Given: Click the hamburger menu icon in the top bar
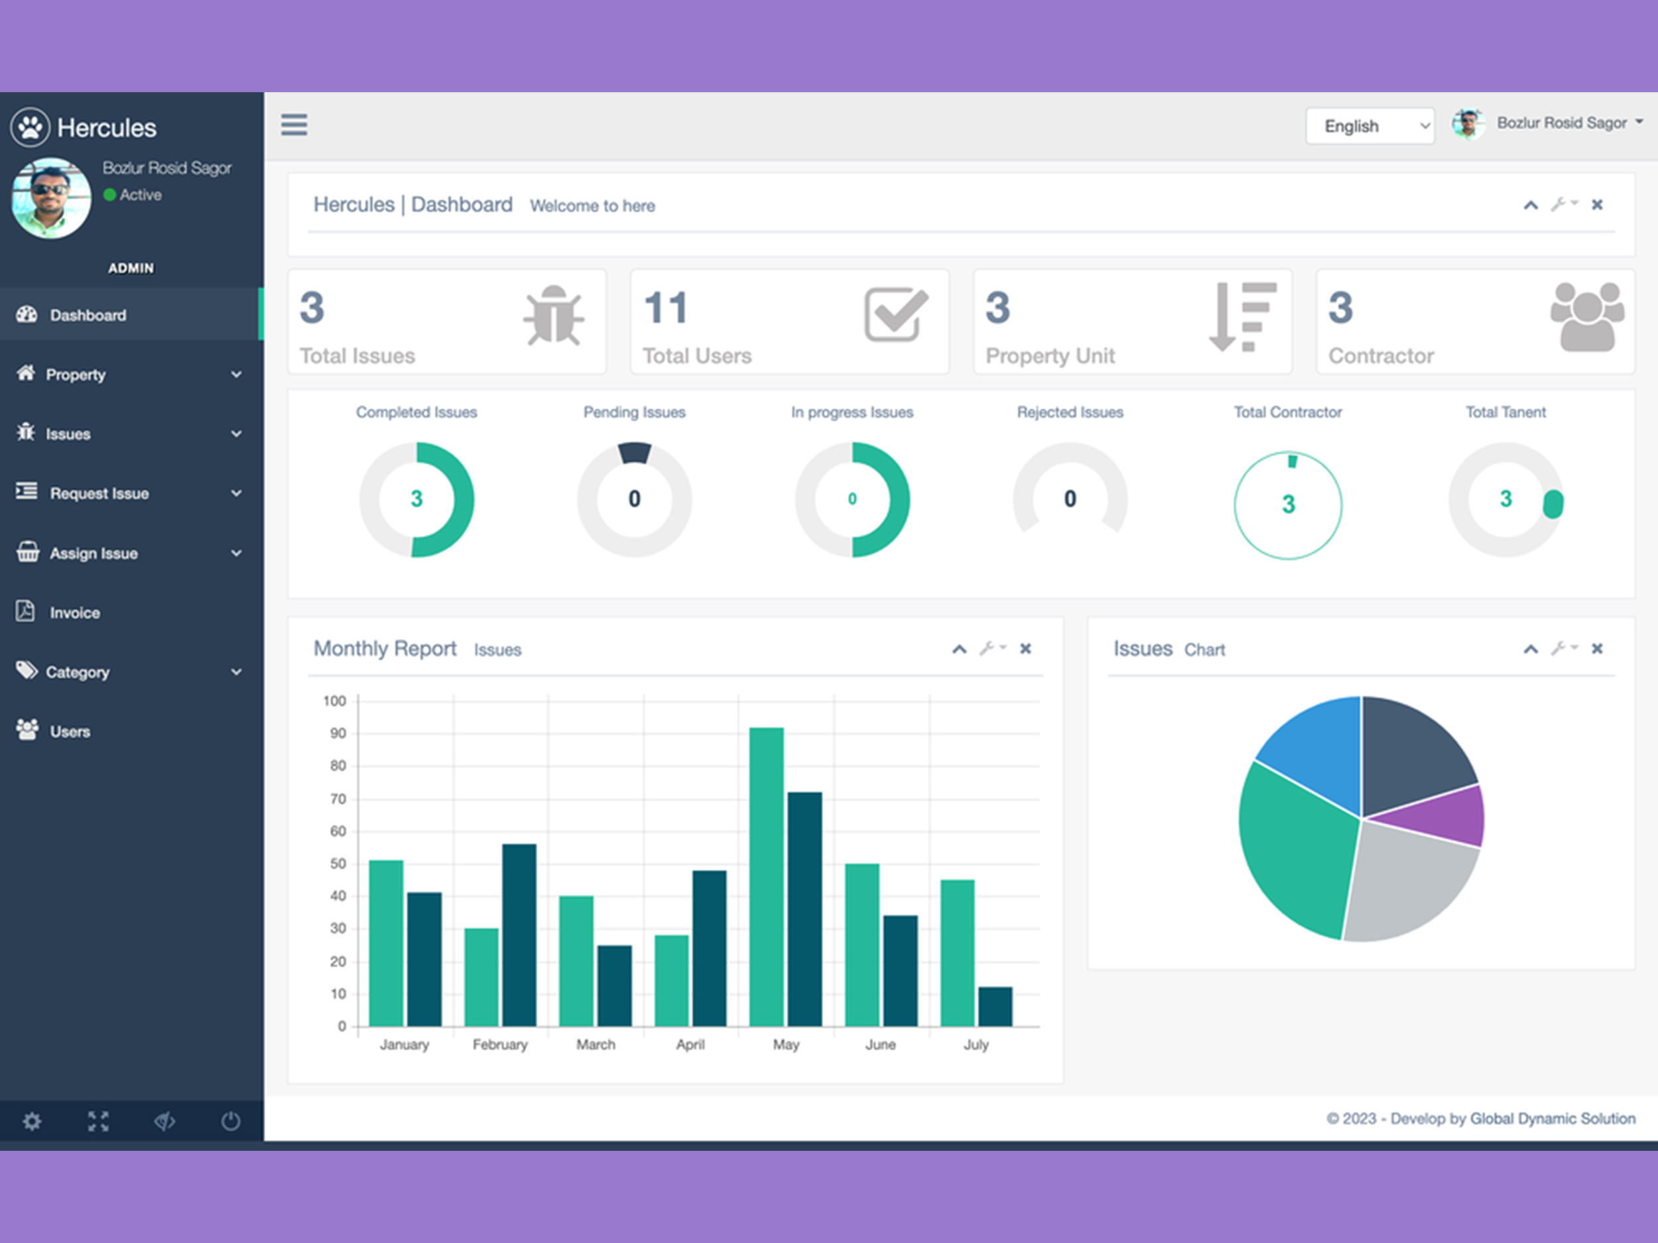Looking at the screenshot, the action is [294, 125].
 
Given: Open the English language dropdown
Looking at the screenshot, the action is [1370, 126].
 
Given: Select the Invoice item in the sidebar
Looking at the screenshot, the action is [74, 613].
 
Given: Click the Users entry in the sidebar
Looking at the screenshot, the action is [70, 732].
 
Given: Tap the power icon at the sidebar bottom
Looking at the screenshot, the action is [230, 1121].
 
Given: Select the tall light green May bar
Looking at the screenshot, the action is [766, 876].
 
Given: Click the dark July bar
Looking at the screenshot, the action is [995, 1006].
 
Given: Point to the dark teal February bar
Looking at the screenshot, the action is [519, 935].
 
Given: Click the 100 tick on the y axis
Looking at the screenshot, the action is [334, 701].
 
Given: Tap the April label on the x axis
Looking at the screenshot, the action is [690, 1044].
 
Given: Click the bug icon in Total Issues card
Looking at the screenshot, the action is [553, 316].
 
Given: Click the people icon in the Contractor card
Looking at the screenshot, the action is [1587, 317].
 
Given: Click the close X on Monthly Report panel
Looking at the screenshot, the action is [1025, 648].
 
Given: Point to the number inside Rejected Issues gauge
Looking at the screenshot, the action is [1070, 499].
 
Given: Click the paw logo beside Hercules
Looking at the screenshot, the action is [30, 127].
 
